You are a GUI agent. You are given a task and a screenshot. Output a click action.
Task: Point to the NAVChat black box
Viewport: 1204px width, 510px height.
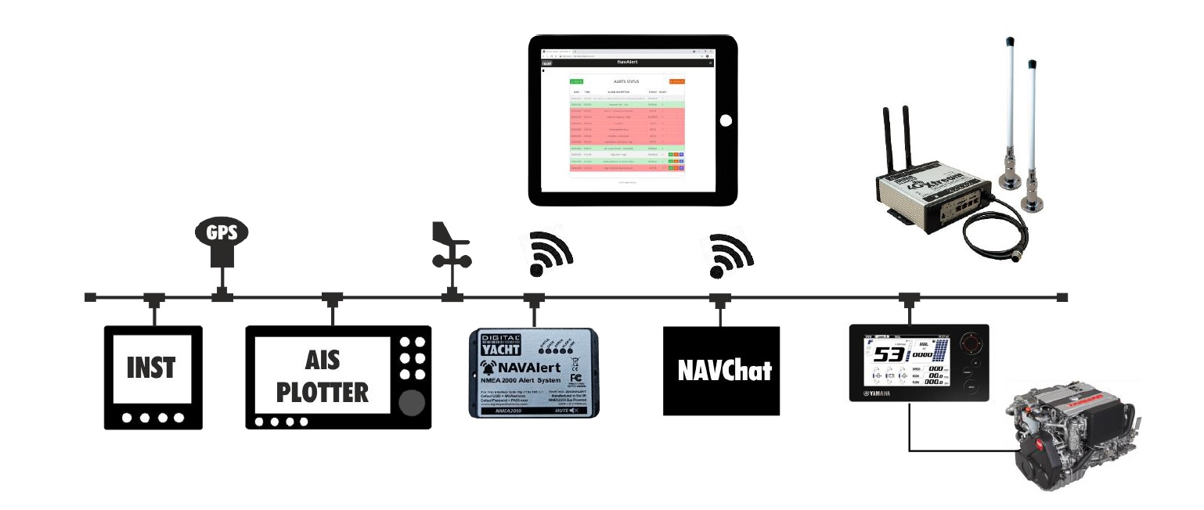click(721, 370)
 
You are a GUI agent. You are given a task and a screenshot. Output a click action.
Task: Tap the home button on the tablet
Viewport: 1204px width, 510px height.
click(726, 120)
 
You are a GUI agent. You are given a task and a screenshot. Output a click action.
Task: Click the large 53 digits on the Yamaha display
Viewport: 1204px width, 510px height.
click(891, 357)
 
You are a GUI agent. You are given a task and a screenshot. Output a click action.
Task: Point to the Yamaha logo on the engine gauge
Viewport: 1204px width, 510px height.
click(884, 393)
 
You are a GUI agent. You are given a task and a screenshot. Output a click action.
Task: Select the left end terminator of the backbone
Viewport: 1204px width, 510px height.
click(90, 297)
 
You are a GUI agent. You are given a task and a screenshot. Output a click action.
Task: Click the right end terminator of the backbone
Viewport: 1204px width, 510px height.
click(1062, 297)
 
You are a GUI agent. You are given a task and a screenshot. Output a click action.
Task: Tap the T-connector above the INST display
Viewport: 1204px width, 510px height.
click(153, 298)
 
